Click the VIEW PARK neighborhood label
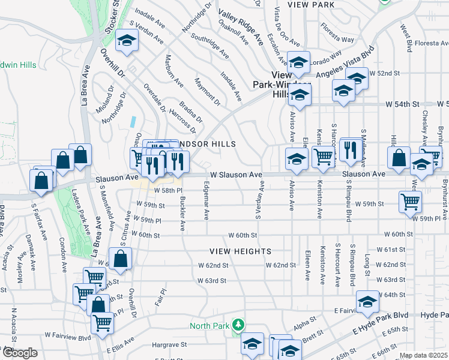310,5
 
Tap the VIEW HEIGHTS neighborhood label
240,251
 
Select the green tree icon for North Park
239,325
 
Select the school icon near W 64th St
368,302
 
